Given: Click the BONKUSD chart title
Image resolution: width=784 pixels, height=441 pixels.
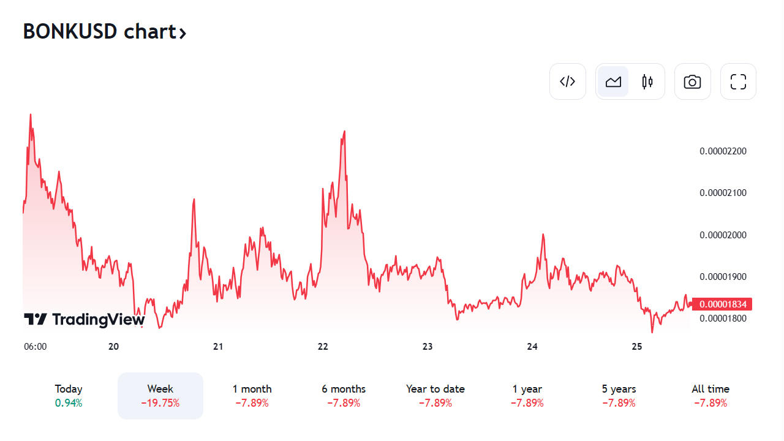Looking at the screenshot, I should point(104,31).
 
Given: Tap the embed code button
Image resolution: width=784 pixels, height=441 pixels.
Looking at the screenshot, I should point(568,81).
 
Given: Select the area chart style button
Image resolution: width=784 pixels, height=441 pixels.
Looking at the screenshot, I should point(613,81).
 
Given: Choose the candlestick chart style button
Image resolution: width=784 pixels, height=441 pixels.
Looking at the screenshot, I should point(647,81).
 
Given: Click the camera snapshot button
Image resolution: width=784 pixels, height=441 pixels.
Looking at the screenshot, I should point(692,81).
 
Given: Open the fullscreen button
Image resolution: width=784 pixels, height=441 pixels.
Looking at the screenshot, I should point(738,81).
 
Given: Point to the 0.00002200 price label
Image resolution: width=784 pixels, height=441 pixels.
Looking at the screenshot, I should point(723,151).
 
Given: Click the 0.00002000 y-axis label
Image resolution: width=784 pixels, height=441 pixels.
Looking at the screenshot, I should point(723,235).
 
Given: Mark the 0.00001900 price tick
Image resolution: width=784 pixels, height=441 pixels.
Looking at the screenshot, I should point(723,277).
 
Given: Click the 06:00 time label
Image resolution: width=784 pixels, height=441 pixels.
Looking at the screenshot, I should point(35,347).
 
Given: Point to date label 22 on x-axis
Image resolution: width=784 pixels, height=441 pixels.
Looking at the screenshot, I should point(323,347).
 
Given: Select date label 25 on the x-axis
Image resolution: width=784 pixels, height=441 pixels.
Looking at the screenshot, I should point(637,347).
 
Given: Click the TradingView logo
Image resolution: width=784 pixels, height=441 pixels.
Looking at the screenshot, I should point(85,319).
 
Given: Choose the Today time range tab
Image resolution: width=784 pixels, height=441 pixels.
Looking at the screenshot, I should point(69,396).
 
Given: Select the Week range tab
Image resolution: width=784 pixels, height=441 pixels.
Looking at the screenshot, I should point(160,396).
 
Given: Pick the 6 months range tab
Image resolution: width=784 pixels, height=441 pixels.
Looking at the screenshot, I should point(344,396).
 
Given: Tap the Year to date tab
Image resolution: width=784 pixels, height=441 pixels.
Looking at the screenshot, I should point(435,396).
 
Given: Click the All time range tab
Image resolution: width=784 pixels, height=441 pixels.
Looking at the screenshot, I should point(710,396).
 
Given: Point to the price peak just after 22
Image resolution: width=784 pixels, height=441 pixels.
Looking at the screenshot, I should point(344,132).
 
